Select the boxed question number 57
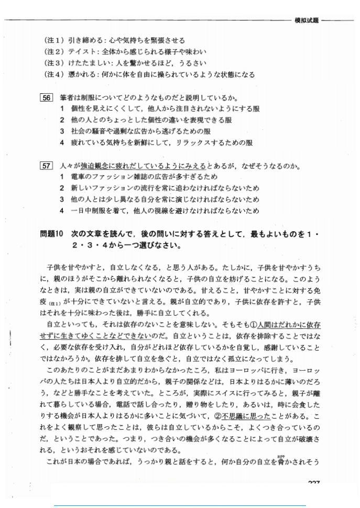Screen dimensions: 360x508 tap(47, 166)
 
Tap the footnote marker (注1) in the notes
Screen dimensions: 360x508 tap(54, 40)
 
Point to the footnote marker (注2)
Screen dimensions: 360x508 tap(54, 51)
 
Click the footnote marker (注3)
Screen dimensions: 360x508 tap(54, 63)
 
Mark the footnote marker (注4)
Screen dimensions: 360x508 tap(54, 74)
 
